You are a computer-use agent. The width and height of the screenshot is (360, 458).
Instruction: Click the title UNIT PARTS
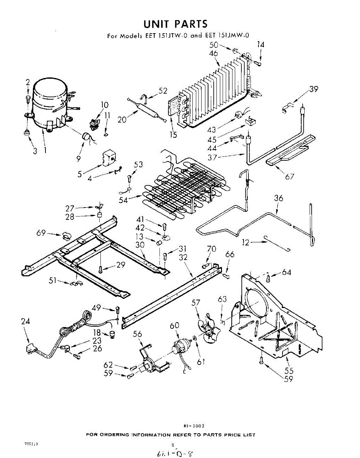click(x=175, y=24)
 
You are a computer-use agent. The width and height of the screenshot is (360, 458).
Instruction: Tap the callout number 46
click(x=213, y=54)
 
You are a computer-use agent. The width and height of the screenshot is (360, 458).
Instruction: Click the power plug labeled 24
click(x=30, y=349)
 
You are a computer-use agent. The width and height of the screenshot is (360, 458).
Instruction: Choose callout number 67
click(x=289, y=177)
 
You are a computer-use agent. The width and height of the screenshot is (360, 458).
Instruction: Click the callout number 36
click(x=279, y=198)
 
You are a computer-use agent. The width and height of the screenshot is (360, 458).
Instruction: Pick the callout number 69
click(x=41, y=233)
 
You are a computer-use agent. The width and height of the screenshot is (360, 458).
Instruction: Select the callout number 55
click(x=289, y=371)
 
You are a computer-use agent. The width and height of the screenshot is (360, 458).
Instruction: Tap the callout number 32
click(x=184, y=258)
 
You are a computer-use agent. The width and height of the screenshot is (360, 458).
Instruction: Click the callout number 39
click(x=314, y=89)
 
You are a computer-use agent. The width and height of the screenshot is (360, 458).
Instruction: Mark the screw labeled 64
click(x=268, y=278)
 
